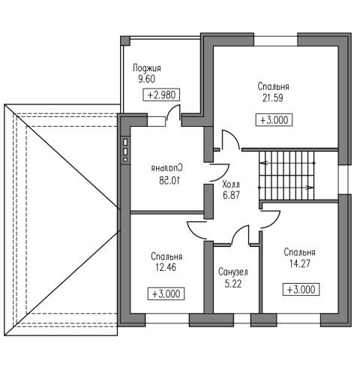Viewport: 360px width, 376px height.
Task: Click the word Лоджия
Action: (147, 68)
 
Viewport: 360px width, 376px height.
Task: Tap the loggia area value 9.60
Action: (147, 79)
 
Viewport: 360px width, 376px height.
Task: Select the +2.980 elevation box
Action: (161, 95)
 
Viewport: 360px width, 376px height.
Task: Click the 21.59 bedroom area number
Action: (273, 98)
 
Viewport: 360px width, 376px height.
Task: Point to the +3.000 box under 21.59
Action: (274, 120)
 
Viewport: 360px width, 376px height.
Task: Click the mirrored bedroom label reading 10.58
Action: (169, 180)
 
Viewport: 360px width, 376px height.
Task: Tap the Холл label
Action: (231, 185)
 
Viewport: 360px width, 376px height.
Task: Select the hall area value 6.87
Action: (231, 195)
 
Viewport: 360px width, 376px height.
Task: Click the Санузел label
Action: (233, 272)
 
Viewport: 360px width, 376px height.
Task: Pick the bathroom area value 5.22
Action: (233, 284)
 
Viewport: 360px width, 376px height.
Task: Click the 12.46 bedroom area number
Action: (166, 267)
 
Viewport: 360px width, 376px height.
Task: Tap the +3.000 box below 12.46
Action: (166, 294)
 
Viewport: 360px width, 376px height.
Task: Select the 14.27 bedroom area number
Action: (300, 263)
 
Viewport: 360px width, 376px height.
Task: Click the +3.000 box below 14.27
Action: (301, 290)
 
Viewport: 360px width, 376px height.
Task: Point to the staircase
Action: (286, 175)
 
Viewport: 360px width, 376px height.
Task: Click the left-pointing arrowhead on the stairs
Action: (263, 164)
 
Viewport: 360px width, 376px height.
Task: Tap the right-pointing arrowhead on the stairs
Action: (310, 188)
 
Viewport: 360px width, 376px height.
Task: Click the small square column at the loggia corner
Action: (125, 41)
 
